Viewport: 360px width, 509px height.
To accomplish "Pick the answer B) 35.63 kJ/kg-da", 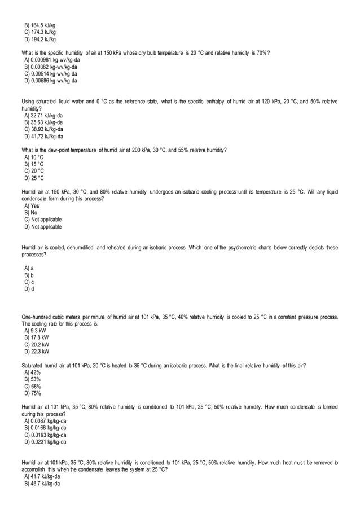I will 43,122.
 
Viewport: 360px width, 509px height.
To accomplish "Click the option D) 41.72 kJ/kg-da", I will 43,136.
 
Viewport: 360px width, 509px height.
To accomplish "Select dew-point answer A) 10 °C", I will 34,157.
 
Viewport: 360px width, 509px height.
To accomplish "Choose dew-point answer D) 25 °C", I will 34,178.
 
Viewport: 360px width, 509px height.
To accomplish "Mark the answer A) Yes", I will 32,206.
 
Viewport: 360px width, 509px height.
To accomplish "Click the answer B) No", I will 31,213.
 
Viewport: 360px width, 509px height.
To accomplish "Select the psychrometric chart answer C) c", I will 29,282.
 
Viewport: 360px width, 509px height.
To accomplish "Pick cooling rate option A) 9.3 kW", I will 36,331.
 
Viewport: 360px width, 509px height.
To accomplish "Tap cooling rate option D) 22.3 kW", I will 37,352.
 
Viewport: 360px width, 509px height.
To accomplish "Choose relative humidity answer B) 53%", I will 33,380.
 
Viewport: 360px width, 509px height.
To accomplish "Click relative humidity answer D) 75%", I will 33,393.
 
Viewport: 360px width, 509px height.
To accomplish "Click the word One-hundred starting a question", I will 37,317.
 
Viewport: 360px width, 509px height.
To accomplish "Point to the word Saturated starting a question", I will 33,366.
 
